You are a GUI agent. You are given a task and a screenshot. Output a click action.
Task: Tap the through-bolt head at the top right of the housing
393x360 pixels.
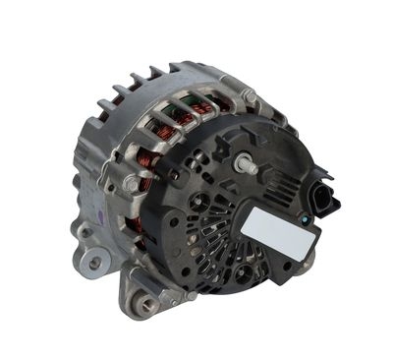click(252, 96)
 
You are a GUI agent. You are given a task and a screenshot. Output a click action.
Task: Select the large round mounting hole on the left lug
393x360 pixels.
click(94, 261)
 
